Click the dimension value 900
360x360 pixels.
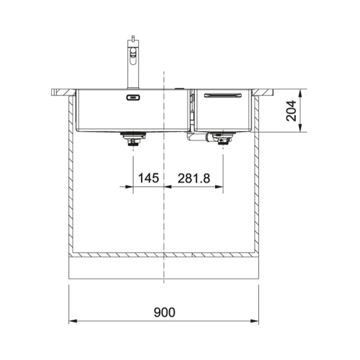tap(164, 312)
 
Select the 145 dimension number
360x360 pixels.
tap(148, 178)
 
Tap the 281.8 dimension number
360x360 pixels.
tap(194, 178)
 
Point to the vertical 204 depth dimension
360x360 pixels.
tap(291, 110)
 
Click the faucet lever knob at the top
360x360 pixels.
tap(133, 38)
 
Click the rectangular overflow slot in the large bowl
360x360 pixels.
tap(133, 98)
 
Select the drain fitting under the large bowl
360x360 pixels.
tap(133, 139)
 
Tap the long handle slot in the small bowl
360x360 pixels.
tap(223, 95)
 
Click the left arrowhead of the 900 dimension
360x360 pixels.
tap(73, 321)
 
